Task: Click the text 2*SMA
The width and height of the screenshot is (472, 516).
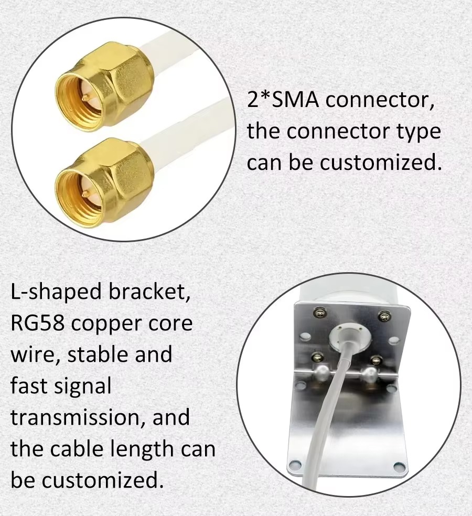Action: (283, 100)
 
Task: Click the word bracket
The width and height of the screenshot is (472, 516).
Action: (149, 292)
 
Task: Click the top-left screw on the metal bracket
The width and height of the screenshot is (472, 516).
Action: (319, 311)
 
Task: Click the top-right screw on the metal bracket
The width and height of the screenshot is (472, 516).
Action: (384, 316)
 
